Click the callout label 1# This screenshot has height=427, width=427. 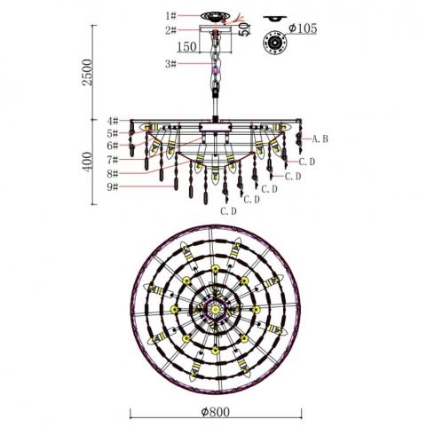coord(170,15)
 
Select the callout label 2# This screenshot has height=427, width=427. coord(170,30)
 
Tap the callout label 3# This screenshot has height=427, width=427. coord(170,64)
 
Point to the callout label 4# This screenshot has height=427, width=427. coord(113,121)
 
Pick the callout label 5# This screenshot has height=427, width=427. coord(113,133)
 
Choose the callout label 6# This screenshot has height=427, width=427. coord(113,146)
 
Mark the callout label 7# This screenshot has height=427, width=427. coord(113,160)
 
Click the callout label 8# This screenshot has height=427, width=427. coord(113,174)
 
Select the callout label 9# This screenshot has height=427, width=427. coord(113,187)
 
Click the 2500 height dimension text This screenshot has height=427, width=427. coord(88,73)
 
